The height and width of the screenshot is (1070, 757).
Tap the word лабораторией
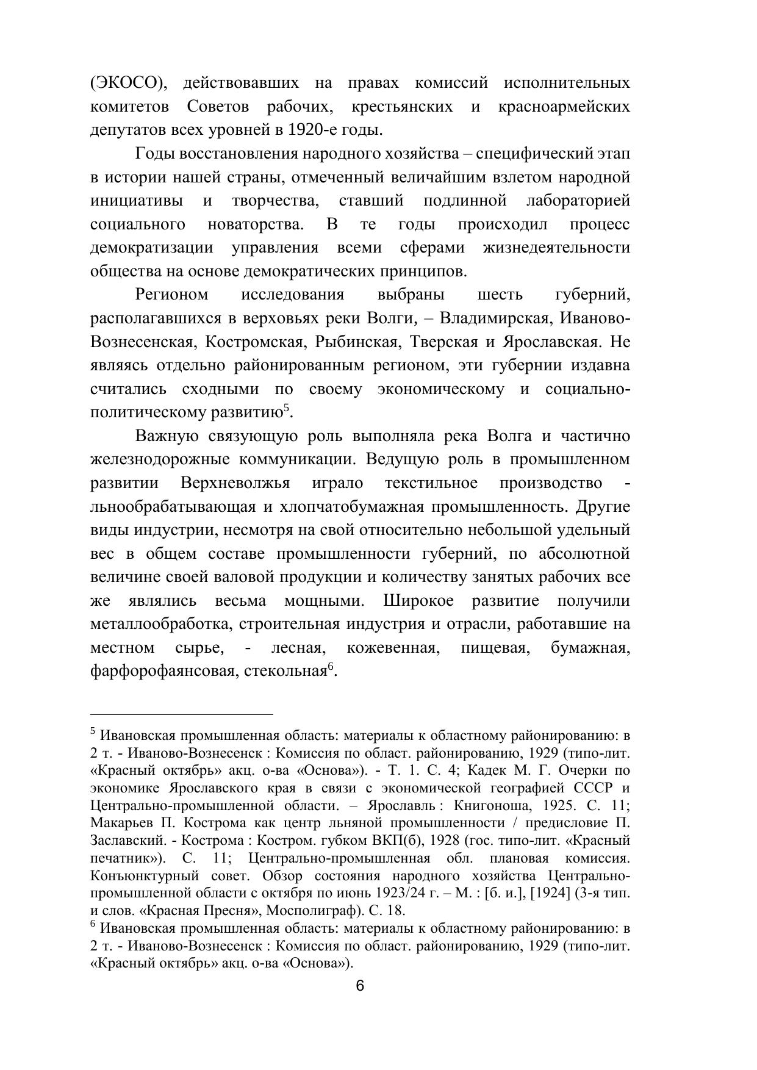click(578, 201)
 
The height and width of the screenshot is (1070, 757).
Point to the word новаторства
click(255, 224)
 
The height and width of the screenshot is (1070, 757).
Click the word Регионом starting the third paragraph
click(171, 295)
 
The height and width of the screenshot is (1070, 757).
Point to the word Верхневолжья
click(235, 484)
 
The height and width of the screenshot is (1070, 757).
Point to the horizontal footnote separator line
click(181, 713)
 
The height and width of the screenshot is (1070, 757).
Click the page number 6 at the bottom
click(360, 986)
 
